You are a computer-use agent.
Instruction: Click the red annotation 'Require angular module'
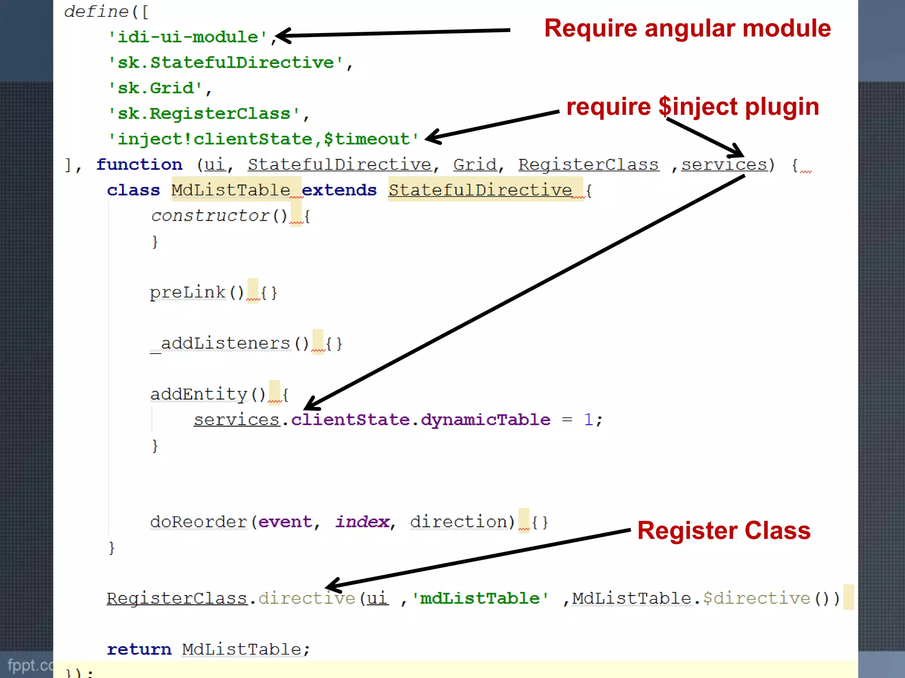(687, 29)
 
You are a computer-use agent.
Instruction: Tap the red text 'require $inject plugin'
(692, 107)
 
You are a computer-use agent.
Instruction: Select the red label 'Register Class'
(724, 531)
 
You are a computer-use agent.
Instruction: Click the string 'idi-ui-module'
(188, 37)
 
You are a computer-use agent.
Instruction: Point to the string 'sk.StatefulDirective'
(226, 63)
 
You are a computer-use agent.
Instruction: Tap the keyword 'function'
(139, 165)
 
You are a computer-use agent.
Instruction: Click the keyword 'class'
(133, 190)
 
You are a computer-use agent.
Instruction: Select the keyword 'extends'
(339, 190)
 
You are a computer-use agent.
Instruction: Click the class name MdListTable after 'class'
(231, 190)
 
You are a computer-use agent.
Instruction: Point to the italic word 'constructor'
(210, 216)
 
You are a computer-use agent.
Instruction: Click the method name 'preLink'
(188, 292)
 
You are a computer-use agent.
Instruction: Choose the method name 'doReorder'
(198, 522)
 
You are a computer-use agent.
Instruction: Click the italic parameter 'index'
(362, 522)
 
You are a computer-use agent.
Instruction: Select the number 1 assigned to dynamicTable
(588, 420)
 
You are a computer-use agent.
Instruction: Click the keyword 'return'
(139, 649)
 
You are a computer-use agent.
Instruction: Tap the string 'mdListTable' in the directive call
(480, 599)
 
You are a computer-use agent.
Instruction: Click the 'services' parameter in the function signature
(724, 165)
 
